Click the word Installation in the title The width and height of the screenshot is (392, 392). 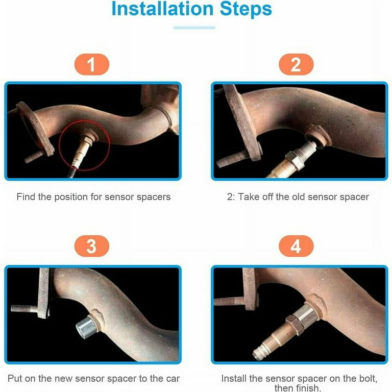click(x=162, y=9)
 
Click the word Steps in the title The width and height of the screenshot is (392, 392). click(x=246, y=9)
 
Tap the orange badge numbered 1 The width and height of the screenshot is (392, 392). click(x=92, y=64)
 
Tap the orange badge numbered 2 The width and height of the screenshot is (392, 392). click(x=296, y=64)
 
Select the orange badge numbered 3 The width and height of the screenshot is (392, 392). click(x=92, y=246)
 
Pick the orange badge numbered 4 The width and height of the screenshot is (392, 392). click(x=296, y=246)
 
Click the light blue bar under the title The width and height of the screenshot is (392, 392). click(x=194, y=28)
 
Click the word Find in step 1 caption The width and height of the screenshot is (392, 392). click(x=26, y=197)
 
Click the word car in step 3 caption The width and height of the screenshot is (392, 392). click(x=173, y=379)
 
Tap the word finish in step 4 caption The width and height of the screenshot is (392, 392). click(x=308, y=388)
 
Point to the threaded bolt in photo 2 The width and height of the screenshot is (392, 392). click(x=233, y=159)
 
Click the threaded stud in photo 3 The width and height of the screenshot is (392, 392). click(x=24, y=309)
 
